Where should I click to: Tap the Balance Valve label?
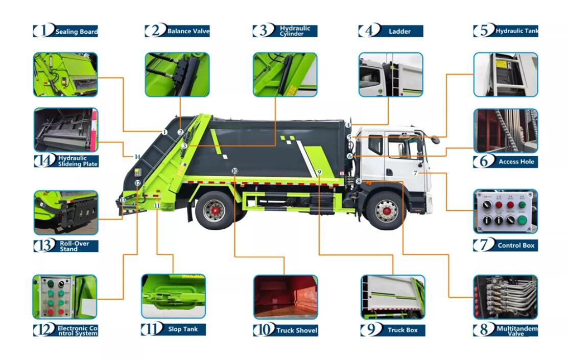click(x=187, y=31)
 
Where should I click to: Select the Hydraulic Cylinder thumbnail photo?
click(x=286, y=75)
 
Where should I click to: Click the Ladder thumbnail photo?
click(x=391, y=75)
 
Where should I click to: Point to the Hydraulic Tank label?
click(x=516, y=31)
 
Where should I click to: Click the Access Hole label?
click(x=516, y=161)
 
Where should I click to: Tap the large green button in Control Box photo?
click(x=522, y=220)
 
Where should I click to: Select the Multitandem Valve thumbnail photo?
click(x=505, y=297)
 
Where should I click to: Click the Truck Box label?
click(x=403, y=330)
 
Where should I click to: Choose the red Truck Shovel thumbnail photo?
click(x=286, y=297)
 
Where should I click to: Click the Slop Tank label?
click(x=182, y=329)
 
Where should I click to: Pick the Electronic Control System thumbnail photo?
click(x=65, y=297)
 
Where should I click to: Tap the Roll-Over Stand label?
click(x=74, y=246)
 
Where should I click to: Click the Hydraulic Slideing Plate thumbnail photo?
click(x=65, y=130)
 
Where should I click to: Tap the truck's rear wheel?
click(x=214, y=210)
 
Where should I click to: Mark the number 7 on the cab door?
click(x=415, y=173)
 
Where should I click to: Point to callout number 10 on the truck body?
click(x=234, y=171)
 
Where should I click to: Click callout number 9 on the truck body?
click(x=319, y=173)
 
